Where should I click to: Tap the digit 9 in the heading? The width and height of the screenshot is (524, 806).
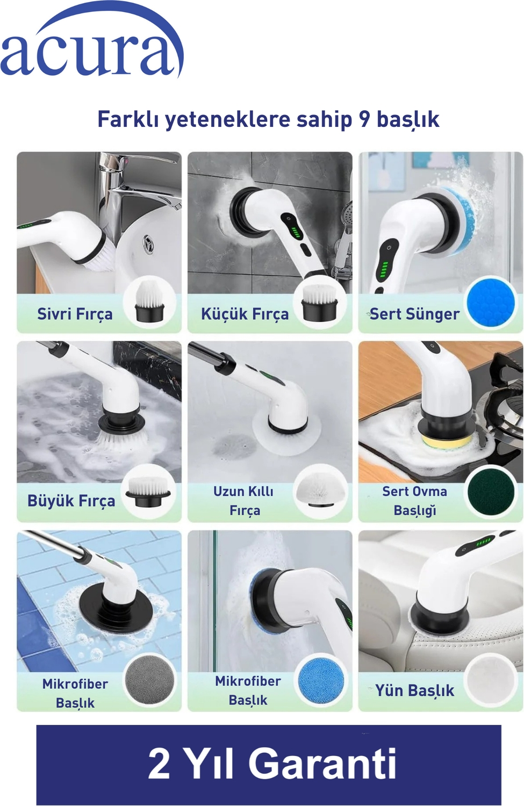364,119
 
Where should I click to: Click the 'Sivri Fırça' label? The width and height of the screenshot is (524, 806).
75,314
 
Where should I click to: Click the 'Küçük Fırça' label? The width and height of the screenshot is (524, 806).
245,314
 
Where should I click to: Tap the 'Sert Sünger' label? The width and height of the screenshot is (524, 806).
414,314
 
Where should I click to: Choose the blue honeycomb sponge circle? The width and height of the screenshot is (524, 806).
490,303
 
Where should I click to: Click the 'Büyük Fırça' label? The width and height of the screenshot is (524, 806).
71,500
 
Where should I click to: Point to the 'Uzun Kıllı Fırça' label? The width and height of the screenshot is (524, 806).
243,500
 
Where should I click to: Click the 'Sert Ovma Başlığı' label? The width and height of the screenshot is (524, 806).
414,500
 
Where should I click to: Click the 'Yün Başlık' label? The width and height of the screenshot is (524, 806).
414,690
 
